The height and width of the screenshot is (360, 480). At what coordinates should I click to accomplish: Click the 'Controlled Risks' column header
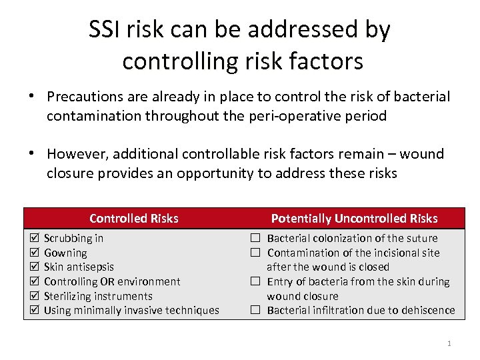(x=133, y=218)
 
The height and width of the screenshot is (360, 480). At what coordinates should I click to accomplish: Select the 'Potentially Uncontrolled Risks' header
(x=354, y=218)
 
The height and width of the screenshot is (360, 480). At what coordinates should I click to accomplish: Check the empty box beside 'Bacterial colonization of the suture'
(x=255, y=238)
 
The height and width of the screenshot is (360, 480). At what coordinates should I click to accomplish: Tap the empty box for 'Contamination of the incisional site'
(x=255, y=253)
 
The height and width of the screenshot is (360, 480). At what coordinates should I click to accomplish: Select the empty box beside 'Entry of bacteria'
(x=255, y=281)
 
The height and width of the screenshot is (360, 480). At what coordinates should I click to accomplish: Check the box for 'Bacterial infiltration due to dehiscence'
(x=255, y=310)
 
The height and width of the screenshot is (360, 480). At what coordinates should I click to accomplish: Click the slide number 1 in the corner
(x=449, y=343)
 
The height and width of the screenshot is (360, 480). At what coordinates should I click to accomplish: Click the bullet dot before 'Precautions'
(x=31, y=97)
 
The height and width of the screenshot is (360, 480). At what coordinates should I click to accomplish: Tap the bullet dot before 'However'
(x=31, y=154)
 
